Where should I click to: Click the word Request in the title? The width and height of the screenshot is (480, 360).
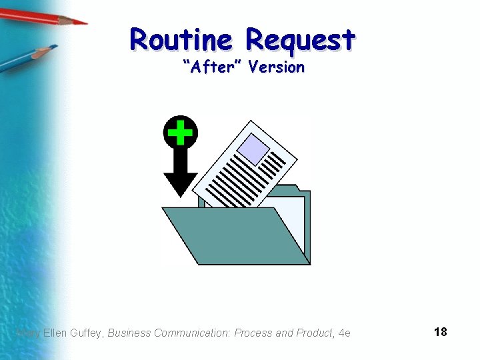coord(300,41)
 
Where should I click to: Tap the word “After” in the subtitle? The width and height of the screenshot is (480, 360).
coord(213,67)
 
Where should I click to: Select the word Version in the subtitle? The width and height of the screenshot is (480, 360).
coord(276,67)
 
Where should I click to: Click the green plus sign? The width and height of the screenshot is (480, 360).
coord(180,133)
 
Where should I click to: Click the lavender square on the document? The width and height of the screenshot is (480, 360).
coord(253,149)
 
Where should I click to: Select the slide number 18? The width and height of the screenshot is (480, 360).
coord(440,331)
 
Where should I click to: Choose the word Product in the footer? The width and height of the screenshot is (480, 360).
coord(314,333)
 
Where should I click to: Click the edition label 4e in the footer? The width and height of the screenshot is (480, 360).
coord(344,333)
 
